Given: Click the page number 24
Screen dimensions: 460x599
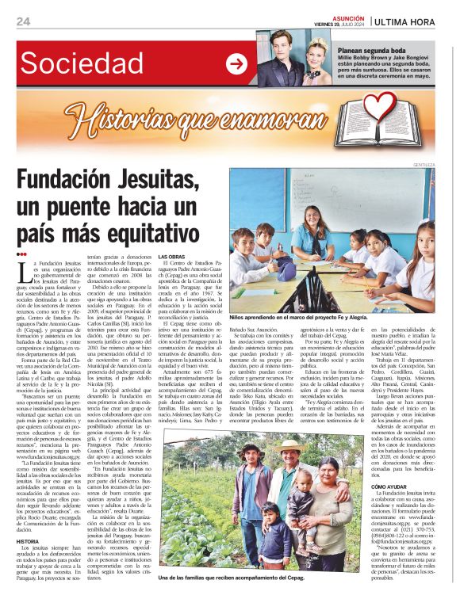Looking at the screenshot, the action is (23, 21).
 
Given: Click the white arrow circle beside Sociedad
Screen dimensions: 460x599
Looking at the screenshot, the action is (236, 63).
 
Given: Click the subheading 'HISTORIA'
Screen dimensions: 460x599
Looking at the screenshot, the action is (31, 540).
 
